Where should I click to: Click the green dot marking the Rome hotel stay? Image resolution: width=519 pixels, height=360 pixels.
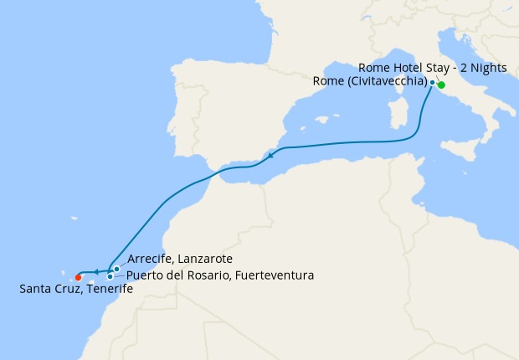click(x=441, y=85)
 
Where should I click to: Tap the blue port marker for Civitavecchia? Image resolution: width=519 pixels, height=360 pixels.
click(x=432, y=82)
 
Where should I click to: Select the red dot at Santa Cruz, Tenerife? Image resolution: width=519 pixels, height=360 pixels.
click(x=78, y=277)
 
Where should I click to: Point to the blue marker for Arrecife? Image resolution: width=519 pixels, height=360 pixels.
click(x=116, y=269)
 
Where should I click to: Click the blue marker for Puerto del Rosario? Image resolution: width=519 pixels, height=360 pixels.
click(x=110, y=276)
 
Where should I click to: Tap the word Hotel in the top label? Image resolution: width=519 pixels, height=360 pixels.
click(x=407, y=67)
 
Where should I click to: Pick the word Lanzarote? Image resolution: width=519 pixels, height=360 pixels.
click(x=204, y=260)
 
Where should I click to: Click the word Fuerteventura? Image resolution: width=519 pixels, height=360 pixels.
click(x=274, y=275)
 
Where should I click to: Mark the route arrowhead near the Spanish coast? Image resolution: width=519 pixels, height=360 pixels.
click(x=271, y=156)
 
